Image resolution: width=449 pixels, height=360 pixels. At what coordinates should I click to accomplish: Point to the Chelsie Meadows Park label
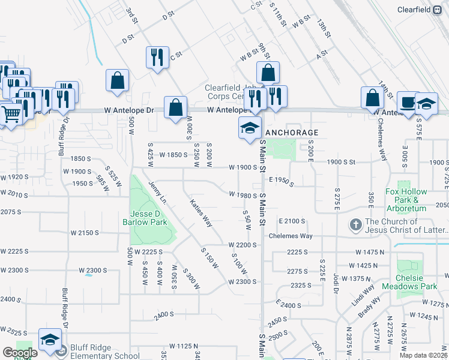coord(417,282)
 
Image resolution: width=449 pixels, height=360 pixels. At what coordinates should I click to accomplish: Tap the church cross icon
coord(355,226)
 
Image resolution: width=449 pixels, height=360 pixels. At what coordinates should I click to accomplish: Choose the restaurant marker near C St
coord(157,58)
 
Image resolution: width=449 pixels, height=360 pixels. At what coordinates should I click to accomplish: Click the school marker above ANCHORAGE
coord(250,128)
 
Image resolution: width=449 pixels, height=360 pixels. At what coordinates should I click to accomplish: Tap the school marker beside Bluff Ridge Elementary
coord(50,339)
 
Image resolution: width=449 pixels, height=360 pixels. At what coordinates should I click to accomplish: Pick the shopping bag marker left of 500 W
coord(117,80)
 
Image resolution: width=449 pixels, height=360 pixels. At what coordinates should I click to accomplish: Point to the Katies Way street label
coord(201,212)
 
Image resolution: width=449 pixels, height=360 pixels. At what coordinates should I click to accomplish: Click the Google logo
coord(20,353)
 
